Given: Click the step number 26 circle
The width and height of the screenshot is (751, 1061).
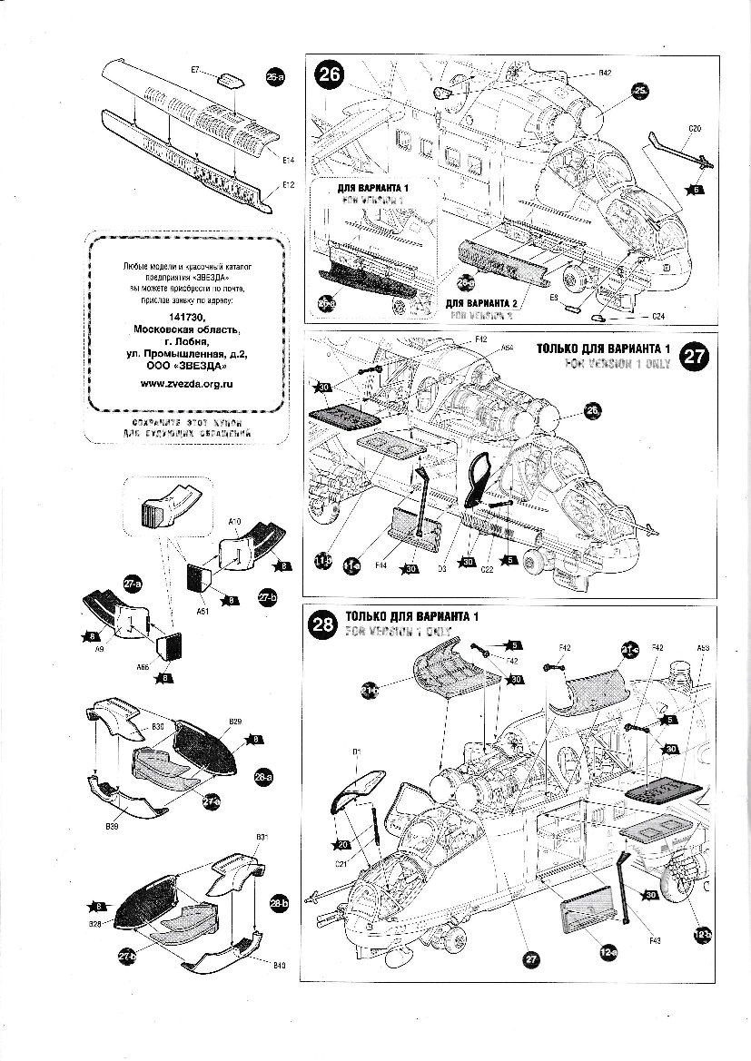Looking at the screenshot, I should [x=329, y=74].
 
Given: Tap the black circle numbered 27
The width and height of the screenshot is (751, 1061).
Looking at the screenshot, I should [x=695, y=357].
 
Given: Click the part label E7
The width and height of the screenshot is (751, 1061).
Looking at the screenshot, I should [x=195, y=69].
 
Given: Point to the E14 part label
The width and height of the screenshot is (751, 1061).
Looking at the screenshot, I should [x=288, y=161].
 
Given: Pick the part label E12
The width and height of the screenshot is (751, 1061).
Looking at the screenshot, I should [x=288, y=184].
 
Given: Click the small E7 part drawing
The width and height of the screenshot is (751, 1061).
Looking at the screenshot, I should [x=231, y=78].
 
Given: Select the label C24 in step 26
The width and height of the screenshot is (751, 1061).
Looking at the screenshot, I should [x=660, y=316].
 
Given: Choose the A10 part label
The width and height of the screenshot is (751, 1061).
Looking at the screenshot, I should [x=233, y=522].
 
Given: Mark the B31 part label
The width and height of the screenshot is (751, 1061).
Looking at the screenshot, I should [x=261, y=836].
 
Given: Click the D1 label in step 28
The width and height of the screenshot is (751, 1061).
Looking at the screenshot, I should [x=357, y=752].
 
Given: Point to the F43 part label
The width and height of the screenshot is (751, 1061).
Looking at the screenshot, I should [x=655, y=940].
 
